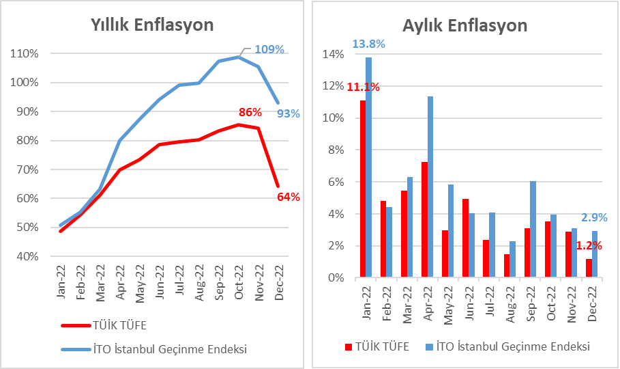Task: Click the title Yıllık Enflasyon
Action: point(153,25)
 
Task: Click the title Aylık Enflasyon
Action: point(464,25)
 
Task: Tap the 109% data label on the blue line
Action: point(269,49)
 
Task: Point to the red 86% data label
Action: point(250,112)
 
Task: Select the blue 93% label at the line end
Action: point(287,113)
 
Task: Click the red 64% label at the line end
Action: point(288,197)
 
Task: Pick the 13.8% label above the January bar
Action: point(369,44)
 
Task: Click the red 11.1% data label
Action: point(363,87)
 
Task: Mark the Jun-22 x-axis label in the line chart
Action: point(160,283)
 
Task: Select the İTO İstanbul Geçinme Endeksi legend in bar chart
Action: point(508,346)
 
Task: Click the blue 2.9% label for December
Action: point(594,218)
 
